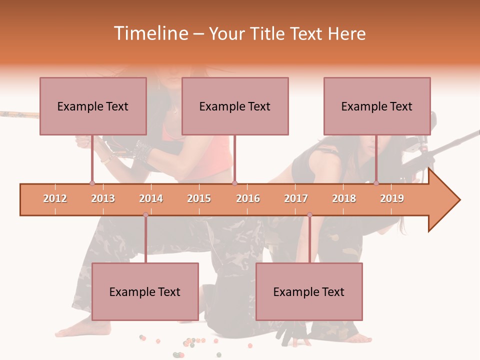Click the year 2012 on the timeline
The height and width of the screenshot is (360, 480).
[55, 199]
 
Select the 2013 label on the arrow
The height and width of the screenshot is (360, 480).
[103, 199]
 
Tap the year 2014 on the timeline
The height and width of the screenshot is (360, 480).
[151, 199]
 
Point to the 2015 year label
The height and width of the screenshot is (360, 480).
[199, 199]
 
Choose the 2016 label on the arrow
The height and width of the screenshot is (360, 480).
[248, 199]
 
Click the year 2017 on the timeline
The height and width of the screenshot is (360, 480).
[296, 199]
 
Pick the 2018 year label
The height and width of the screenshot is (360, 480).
[344, 199]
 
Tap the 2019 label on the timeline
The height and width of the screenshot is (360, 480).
[392, 199]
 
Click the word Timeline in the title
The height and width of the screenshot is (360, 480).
[149, 33]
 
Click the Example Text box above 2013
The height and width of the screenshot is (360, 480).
[93, 106]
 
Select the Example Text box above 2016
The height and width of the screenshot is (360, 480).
[235, 106]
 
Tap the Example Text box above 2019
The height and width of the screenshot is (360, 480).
[377, 106]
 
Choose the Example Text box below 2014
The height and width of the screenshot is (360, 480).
[145, 291]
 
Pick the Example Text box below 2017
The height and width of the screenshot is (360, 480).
[309, 291]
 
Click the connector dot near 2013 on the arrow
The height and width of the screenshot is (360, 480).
[92, 183]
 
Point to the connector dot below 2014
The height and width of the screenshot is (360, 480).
[145, 215]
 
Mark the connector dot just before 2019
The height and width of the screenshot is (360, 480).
[376, 183]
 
